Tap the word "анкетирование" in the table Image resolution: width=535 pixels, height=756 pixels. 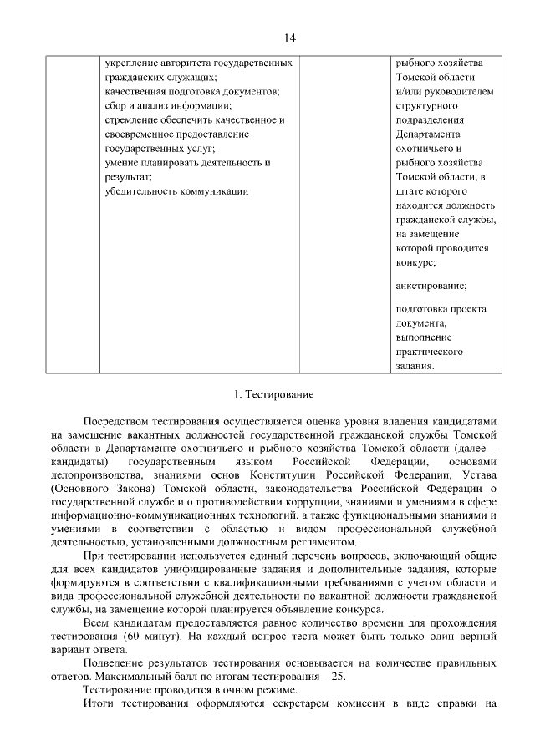click(431, 285)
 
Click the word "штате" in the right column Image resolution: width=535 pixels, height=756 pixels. click(410, 191)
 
